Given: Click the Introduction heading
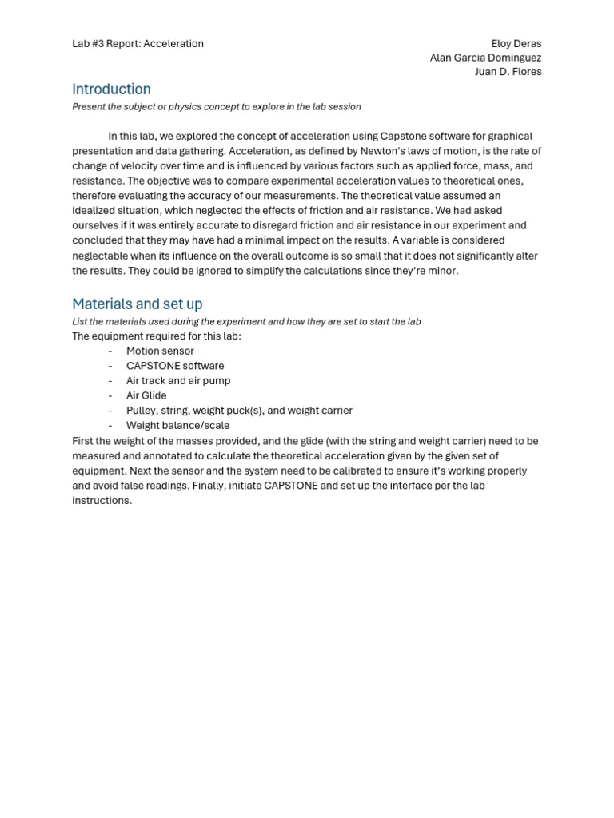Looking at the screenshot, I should (x=111, y=89).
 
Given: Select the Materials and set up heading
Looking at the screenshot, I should (x=137, y=304).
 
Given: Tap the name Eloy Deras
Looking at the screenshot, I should (x=516, y=43).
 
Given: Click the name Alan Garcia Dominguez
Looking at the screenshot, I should (x=485, y=58).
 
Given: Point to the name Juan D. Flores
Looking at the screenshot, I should (x=508, y=72).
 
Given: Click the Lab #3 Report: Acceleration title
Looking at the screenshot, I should (x=138, y=43).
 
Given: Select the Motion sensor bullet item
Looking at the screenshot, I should (x=160, y=351).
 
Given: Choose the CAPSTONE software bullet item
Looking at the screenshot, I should (x=175, y=366).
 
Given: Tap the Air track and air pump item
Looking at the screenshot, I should (x=178, y=381).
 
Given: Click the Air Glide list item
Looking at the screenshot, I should (x=146, y=395).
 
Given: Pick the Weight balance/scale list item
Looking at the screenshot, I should (x=177, y=426).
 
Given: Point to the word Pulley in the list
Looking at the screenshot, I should (x=142, y=411).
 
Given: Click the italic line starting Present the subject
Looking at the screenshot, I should (x=216, y=107).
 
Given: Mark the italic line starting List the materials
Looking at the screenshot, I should (x=246, y=321).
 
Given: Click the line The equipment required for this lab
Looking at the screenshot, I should (x=157, y=336).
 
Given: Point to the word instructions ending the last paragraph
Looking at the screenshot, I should (x=101, y=501).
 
